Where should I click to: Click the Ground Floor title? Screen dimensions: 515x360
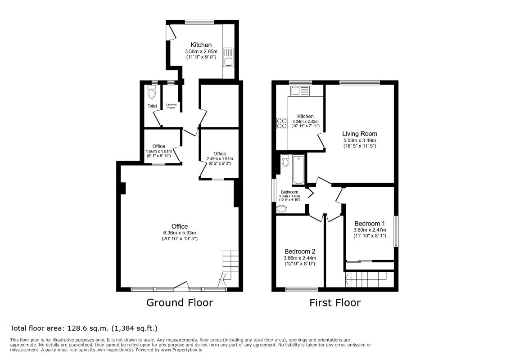click(179, 302)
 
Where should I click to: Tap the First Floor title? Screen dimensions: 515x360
click(335, 302)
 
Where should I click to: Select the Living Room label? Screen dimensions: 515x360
click(360, 134)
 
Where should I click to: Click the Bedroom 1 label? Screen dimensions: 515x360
click(370, 224)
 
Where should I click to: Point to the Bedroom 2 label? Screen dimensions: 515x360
click(300, 252)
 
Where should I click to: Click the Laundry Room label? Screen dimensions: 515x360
click(171, 106)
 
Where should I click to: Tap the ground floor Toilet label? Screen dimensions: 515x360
click(152, 106)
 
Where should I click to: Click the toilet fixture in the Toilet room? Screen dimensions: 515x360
click(152, 92)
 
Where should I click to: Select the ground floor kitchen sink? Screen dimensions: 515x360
click(228, 57)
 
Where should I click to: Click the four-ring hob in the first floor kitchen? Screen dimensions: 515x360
click(282, 123)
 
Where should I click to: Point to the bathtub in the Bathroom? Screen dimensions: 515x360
click(299, 170)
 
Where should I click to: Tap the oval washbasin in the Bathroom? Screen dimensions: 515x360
click(281, 209)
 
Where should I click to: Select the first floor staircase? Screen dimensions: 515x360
click(369, 279)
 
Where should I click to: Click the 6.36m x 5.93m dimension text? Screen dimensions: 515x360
click(180, 233)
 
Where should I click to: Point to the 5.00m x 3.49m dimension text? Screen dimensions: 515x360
click(360, 140)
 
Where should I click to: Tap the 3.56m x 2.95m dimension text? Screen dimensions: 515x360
click(201, 51)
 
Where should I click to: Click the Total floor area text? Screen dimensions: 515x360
click(84, 328)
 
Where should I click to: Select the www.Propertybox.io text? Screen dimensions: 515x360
click(181, 350)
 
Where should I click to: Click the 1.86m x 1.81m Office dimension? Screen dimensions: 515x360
click(158, 151)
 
